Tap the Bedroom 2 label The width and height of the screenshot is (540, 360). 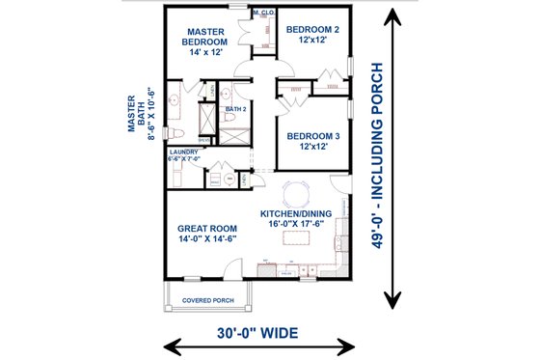[x=312, y=30]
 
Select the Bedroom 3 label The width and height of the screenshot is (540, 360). [x=312, y=136]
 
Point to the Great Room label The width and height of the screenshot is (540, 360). [x=207, y=228]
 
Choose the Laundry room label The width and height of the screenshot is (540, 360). [x=183, y=152]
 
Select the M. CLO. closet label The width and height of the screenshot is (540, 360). [x=262, y=14]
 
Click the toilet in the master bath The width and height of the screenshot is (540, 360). [x=179, y=132]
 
